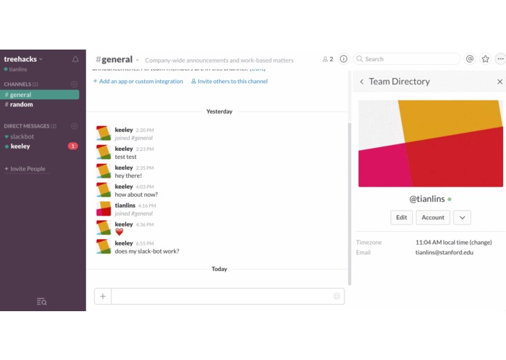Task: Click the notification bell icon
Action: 75,59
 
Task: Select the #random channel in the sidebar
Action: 21,104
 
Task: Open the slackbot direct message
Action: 22,136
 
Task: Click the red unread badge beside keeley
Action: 73,146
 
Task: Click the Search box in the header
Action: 411,59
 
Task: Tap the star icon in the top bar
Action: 485,59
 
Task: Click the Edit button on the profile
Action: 401,217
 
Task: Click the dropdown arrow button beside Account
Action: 462,217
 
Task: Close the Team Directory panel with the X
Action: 499,82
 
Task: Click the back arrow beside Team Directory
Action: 362,82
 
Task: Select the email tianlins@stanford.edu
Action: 444,252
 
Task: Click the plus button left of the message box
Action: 103,296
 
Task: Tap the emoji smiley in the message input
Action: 336,296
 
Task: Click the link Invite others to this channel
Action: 232,81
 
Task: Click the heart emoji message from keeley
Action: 119,232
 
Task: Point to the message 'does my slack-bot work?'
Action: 146,251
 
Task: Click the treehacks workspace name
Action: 20,59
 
